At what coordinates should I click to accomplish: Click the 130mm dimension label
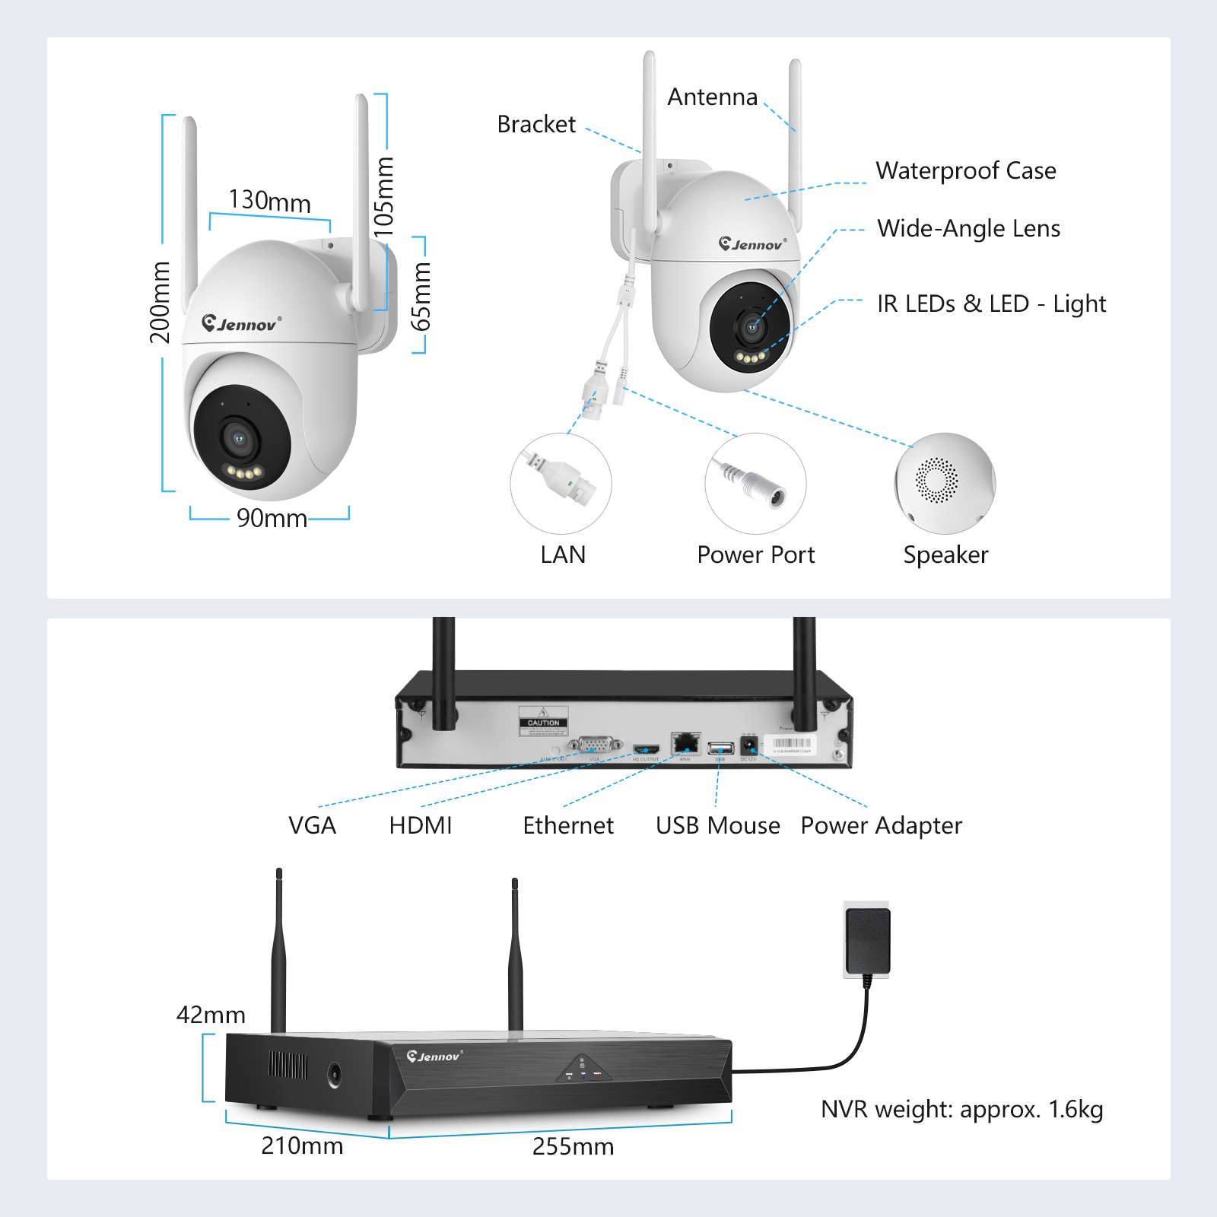click(270, 202)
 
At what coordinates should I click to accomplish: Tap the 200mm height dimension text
click(160, 302)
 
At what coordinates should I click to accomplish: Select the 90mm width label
click(272, 518)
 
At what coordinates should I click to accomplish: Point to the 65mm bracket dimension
click(421, 296)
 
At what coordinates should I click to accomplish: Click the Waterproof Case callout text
click(965, 171)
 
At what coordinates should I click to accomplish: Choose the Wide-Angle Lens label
click(968, 229)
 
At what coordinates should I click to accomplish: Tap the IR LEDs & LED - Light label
click(991, 304)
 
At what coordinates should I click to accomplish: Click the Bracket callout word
click(536, 124)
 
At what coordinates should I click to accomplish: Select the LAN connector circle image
click(561, 484)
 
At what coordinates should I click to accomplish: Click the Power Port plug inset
click(755, 484)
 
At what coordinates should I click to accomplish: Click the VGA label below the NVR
click(312, 825)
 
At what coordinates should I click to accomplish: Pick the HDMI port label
click(421, 825)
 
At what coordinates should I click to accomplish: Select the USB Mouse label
click(717, 825)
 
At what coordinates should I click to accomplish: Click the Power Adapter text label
click(881, 825)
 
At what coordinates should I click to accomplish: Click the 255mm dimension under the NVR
click(573, 1146)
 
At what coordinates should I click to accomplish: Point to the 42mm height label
click(211, 1015)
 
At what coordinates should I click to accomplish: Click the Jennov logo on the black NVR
click(434, 1057)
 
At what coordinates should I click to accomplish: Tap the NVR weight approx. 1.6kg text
click(961, 1110)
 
